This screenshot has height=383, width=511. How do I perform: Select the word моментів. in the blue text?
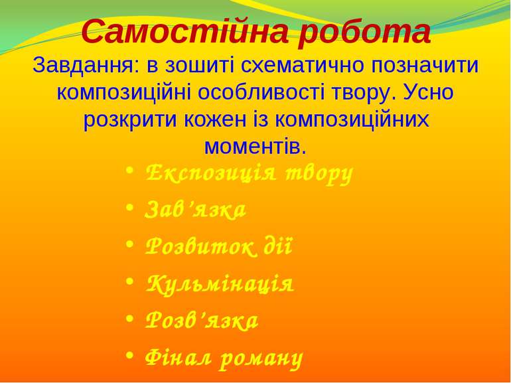tap(255, 145)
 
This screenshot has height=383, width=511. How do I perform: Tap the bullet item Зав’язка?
tap(195, 210)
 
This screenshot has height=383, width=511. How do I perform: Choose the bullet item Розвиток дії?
tap(218, 248)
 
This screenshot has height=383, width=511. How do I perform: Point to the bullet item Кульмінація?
tap(219, 285)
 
